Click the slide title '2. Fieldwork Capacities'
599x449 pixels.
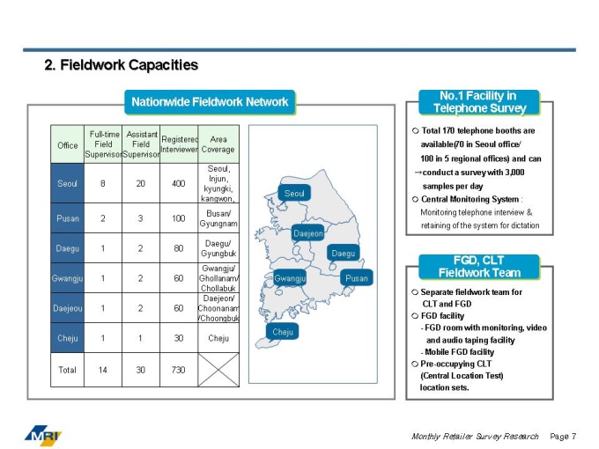[122, 65]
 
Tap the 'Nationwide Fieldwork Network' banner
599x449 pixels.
[210, 101]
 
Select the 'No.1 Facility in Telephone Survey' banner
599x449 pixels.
[478, 102]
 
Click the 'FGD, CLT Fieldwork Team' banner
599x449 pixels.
[479, 267]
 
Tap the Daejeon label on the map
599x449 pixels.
[307, 233]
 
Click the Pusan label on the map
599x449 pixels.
[357, 277]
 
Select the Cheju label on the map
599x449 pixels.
[283, 332]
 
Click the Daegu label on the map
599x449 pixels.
[343, 253]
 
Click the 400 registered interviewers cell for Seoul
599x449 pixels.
[179, 183]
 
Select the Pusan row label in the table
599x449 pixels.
[68, 217]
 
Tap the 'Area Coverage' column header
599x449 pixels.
[218, 144]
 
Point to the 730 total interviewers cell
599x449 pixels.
[179, 370]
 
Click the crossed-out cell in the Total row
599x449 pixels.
[218, 370]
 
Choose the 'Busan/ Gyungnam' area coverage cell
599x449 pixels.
[218, 217]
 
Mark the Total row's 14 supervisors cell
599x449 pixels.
[103, 370]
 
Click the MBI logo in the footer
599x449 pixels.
[43, 433]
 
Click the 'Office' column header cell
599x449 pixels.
[68, 144]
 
